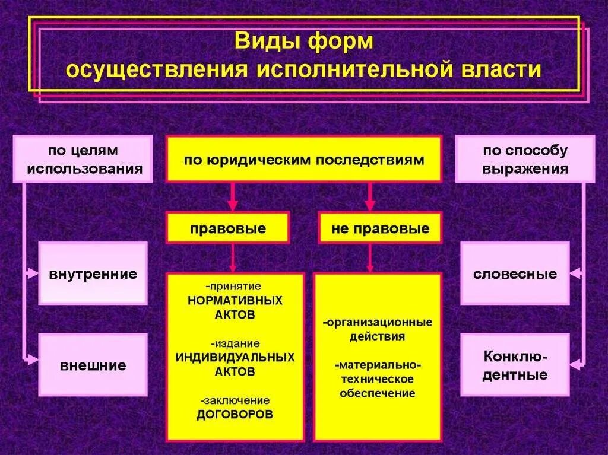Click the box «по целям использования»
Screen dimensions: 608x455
click(x=83, y=159)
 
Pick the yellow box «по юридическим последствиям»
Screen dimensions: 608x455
click(x=303, y=159)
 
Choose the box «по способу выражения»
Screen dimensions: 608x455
click(x=525, y=159)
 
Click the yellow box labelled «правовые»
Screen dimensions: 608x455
click(x=228, y=228)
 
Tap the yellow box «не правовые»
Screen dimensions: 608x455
click(x=380, y=228)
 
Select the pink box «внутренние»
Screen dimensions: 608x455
click(x=93, y=273)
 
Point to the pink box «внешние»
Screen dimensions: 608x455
click(x=93, y=365)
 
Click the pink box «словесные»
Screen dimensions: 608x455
click(x=515, y=273)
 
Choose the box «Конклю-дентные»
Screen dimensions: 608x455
click(x=515, y=365)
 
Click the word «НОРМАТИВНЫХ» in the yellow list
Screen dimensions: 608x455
click(x=235, y=300)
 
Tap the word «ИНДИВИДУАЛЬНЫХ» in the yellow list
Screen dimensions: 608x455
click(x=235, y=358)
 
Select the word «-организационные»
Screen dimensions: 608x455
click(x=378, y=323)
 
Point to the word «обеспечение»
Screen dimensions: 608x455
click(x=378, y=393)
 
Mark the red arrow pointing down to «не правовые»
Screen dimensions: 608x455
click(x=370, y=197)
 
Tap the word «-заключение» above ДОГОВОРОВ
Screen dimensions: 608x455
click(x=235, y=400)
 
